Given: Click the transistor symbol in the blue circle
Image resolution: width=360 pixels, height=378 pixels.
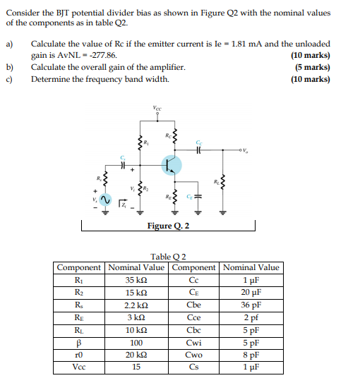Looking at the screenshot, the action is click(x=170, y=165).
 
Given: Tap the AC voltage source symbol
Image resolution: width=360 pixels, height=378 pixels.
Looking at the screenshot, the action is click(x=104, y=201).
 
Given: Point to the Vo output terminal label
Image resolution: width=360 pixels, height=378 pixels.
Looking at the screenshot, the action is click(x=247, y=150).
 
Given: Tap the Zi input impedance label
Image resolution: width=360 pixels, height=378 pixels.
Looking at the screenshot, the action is click(x=124, y=205).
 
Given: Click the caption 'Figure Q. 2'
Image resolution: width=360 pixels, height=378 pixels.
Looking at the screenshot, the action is click(x=167, y=226).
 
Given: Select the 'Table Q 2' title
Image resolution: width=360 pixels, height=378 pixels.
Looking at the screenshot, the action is click(x=168, y=257).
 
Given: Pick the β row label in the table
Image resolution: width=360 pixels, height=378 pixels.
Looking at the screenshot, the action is click(x=80, y=342).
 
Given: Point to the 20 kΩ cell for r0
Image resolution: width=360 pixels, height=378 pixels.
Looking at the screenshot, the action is click(x=136, y=355).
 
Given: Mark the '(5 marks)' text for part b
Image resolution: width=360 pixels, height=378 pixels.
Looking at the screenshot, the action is click(x=311, y=67).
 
